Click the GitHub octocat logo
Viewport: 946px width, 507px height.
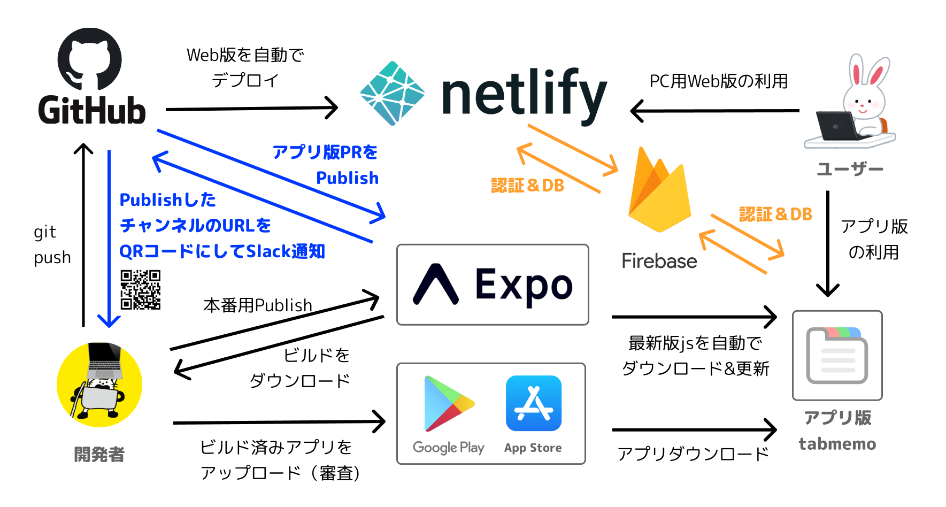(89, 59)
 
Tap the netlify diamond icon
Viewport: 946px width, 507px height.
(392, 94)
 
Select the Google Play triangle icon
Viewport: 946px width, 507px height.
(447, 404)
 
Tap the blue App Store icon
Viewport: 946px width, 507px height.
(533, 403)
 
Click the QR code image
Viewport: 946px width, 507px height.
(141, 289)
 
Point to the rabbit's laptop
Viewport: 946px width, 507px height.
(837, 126)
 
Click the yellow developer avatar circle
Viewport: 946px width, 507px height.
(99, 385)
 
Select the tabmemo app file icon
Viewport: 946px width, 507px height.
(836, 356)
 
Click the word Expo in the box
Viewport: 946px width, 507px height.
(524, 285)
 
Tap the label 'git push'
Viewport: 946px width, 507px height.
(52, 244)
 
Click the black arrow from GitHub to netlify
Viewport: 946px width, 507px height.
(251, 109)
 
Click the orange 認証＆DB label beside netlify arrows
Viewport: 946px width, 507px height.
(527, 186)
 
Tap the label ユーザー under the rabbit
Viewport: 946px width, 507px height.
(849, 169)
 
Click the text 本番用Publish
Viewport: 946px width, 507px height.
(258, 305)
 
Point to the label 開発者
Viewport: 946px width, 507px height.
(99, 454)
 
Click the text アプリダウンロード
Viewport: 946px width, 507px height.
(693, 454)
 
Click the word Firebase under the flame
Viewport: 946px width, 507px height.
(659, 261)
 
